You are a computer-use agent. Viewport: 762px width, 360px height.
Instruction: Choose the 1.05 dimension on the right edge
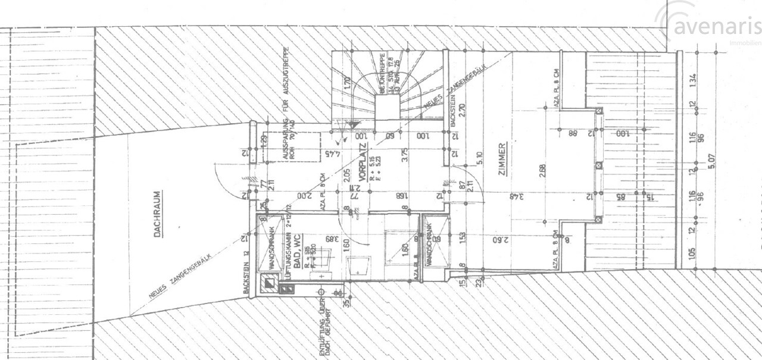(x=692, y=253)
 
